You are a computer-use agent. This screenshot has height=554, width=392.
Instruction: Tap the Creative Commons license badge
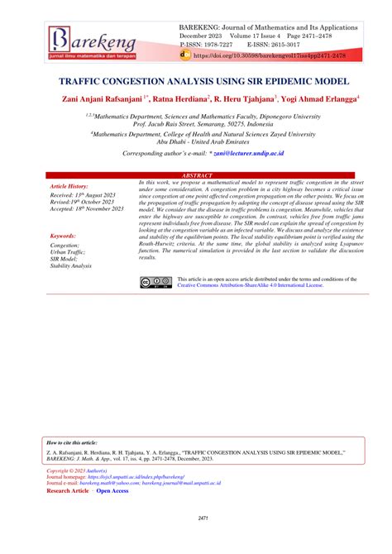(155, 282)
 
